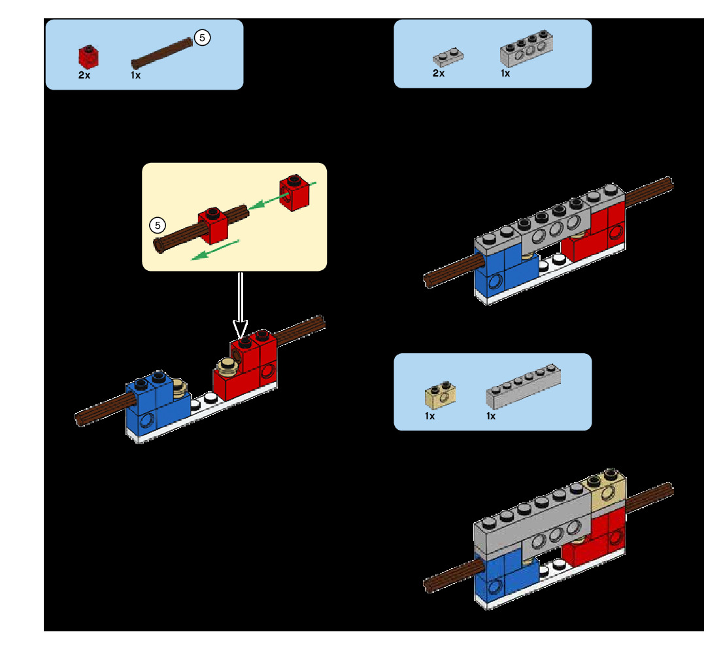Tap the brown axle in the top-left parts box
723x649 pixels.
click(x=162, y=53)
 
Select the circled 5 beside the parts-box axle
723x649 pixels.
click(x=203, y=38)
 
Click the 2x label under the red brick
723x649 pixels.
click(x=84, y=75)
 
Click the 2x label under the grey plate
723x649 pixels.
click(x=439, y=73)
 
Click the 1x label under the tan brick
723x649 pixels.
click(x=429, y=416)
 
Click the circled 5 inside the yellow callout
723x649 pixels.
click(x=157, y=225)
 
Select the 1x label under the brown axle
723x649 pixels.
click(x=135, y=75)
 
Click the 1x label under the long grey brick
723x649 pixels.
click(x=491, y=416)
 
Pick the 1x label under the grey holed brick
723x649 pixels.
click(x=505, y=73)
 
